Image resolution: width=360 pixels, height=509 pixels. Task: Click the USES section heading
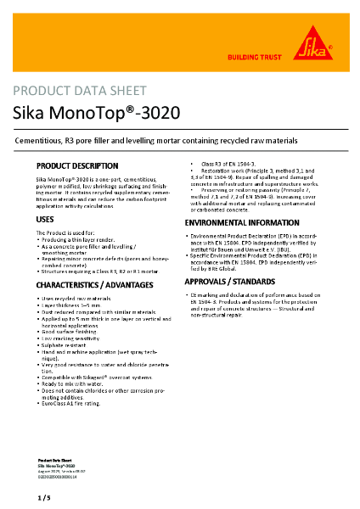(x=46, y=220)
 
